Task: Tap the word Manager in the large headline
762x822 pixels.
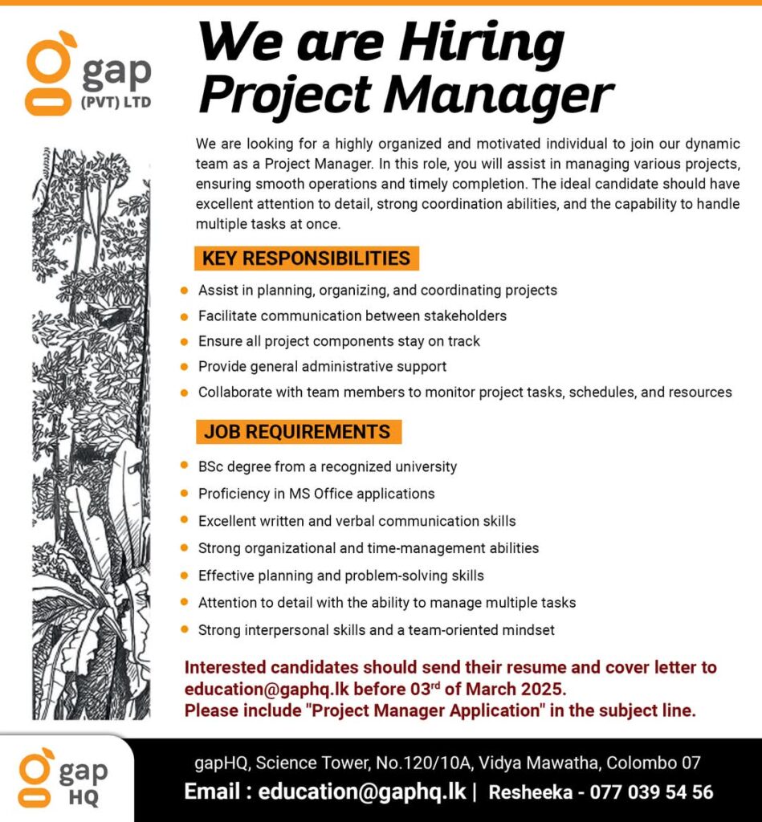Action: (497, 96)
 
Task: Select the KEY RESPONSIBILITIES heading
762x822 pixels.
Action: (306, 258)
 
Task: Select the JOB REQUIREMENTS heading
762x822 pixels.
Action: (297, 432)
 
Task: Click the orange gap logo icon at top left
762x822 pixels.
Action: (49, 72)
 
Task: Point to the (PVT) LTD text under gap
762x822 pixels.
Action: (115, 103)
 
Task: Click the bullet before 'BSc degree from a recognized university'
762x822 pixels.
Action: (185, 466)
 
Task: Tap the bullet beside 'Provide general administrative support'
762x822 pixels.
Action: (185, 367)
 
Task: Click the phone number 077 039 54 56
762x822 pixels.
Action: (651, 792)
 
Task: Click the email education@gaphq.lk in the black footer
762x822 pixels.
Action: (361, 791)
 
